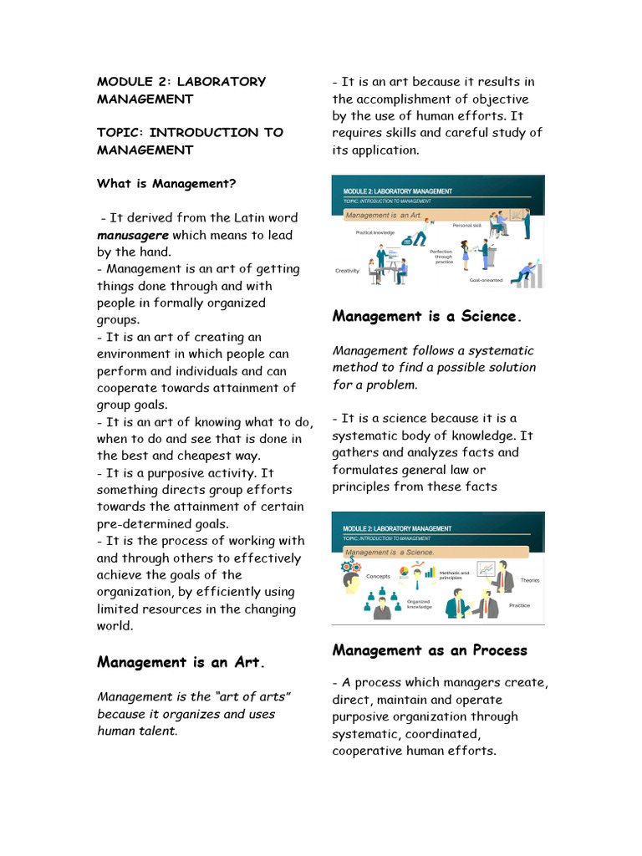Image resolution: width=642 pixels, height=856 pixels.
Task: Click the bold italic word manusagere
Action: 133,235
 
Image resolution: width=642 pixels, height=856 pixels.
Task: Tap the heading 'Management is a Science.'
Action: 426,316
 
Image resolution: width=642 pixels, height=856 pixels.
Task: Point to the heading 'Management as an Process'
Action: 430,650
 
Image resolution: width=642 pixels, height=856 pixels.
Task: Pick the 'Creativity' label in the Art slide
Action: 347,271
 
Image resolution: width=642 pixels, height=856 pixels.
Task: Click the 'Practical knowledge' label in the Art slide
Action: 374,232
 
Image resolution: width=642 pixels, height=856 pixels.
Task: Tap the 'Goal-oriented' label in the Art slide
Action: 486,280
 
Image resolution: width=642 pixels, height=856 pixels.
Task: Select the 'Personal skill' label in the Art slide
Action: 466,226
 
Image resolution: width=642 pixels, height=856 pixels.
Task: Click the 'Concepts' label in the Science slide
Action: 379,576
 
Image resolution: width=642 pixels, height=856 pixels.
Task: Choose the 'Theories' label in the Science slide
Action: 530,579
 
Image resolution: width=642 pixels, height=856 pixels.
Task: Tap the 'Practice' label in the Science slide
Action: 519,605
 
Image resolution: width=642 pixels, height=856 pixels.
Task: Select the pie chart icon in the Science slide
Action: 404,573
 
